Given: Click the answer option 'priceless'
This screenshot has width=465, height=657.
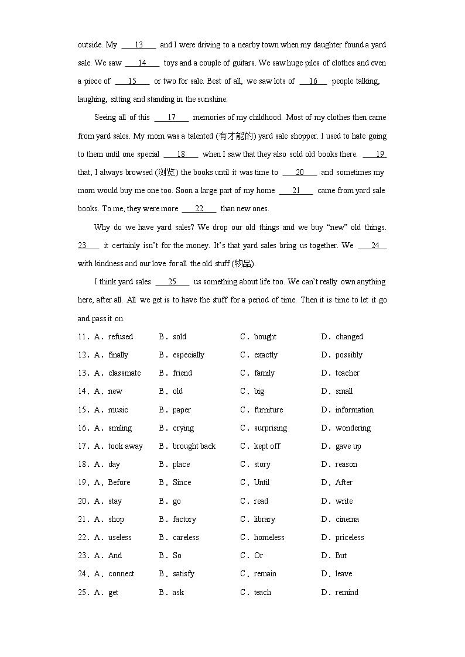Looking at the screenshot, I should (350, 537).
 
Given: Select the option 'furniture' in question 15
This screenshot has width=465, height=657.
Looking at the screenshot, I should (268, 410).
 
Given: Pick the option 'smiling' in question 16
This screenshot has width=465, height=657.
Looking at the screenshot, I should (120, 428).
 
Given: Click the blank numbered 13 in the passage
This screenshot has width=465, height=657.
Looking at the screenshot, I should (139, 44).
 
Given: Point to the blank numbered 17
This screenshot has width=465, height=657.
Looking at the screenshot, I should (172, 117).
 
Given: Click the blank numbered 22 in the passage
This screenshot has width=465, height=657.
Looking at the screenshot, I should (199, 208).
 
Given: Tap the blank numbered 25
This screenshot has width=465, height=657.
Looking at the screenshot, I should (172, 281).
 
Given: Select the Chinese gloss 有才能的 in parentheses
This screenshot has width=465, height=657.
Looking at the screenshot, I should (234, 136).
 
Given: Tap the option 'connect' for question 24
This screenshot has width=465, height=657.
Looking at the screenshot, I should (121, 573).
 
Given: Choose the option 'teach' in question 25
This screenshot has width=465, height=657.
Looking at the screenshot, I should (262, 592).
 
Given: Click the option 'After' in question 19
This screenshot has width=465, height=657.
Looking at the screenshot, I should (344, 482).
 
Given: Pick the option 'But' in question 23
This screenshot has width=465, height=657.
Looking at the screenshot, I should (341, 555).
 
